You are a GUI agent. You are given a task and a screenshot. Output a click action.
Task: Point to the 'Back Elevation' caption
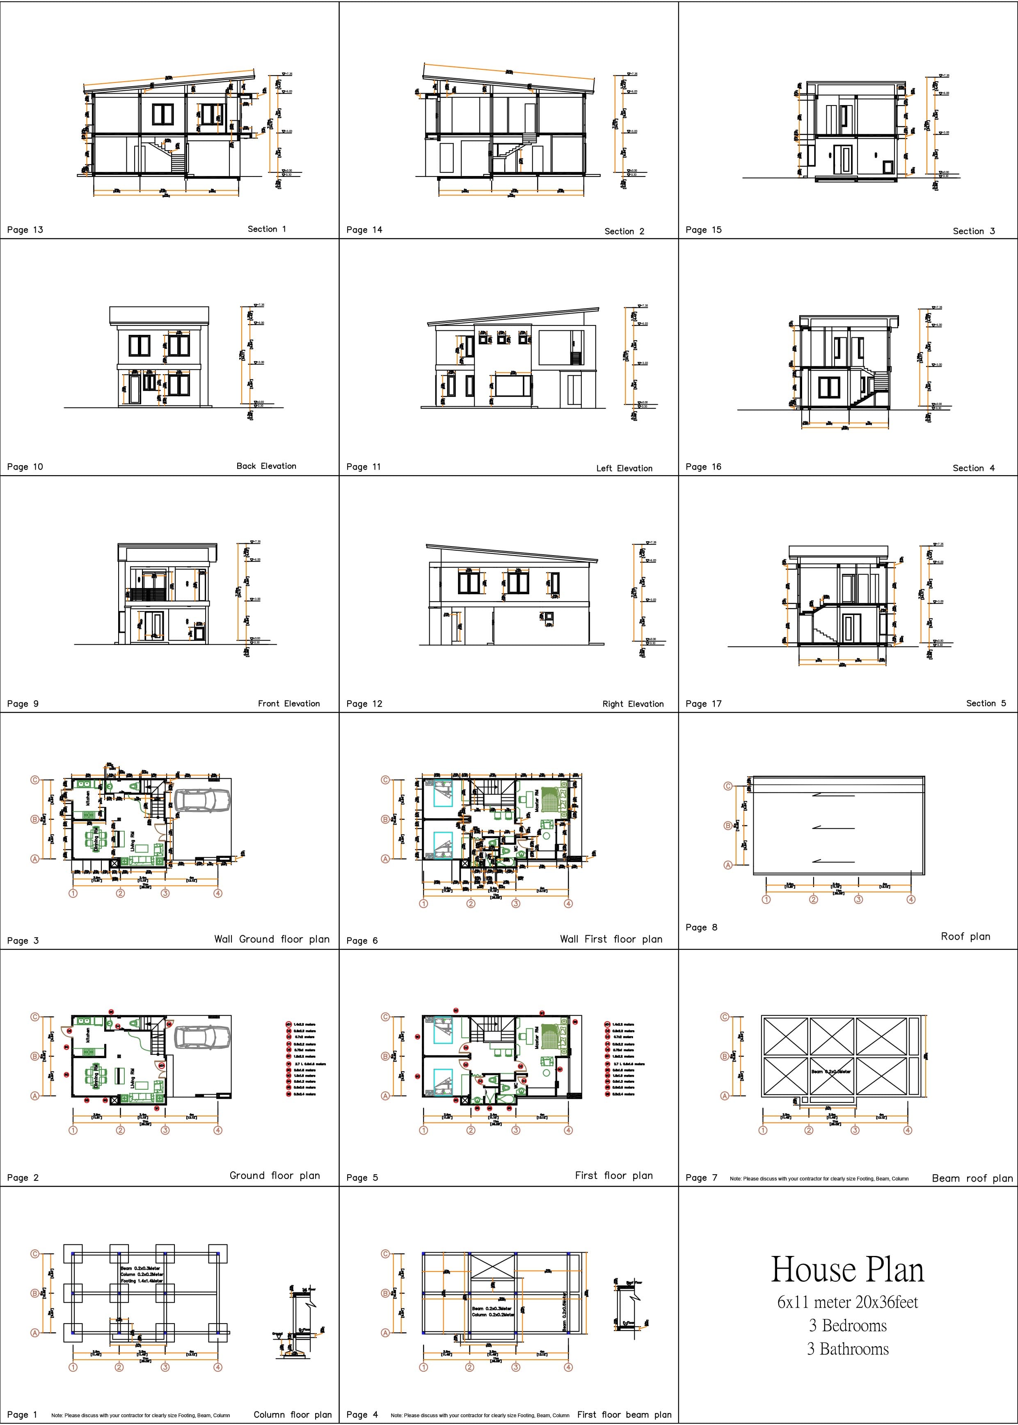[266, 466]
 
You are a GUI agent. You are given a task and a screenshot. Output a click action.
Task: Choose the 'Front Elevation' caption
[288, 704]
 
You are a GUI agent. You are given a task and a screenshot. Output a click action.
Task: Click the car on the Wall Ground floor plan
[202, 800]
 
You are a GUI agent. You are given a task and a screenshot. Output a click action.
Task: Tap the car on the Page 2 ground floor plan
[202, 1037]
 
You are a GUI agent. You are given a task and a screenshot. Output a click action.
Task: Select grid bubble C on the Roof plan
[728, 786]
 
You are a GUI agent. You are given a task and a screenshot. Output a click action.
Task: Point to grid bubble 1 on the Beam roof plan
[763, 1130]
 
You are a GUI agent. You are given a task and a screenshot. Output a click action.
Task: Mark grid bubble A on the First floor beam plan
[386, 1333]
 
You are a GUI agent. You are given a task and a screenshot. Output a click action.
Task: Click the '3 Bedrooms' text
[847, 1325]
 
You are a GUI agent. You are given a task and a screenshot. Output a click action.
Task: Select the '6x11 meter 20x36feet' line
[847, 1302]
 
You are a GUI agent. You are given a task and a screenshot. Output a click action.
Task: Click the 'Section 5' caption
[986, 703]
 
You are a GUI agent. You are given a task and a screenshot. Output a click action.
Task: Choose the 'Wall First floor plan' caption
[611, 939]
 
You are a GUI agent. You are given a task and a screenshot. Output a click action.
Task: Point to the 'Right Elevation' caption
[632, 704]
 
